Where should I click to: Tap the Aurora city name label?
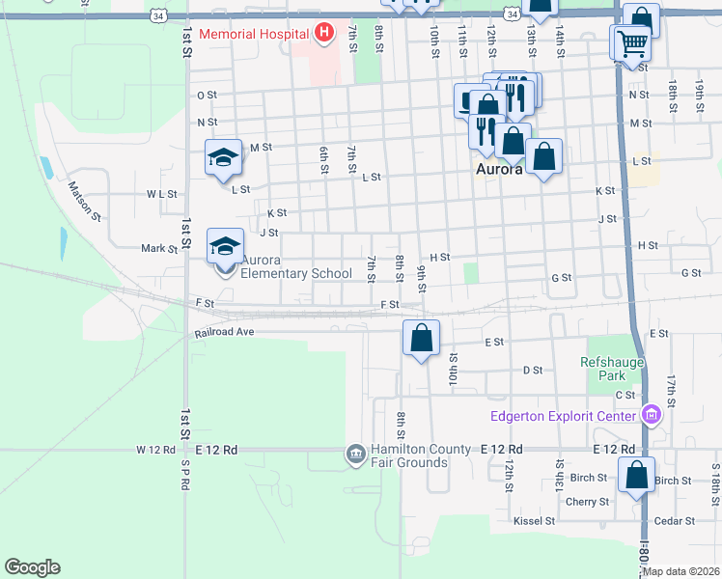[x=499, y=170]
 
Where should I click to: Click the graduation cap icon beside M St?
[x=223, y=158]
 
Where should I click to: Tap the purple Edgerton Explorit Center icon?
[x=652, y=416]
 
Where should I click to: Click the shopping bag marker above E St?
[x=421, y=339]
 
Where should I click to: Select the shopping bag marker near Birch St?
[x=636, y=476]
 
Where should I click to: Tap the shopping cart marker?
[x=631, y=42]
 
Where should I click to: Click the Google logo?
[x=32, y=567]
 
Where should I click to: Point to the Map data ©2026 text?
[x=680, y=570]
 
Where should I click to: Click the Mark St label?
[x=159, y=248]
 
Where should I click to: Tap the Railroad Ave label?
[x=223, y=332]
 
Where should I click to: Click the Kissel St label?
[x=535, y=521]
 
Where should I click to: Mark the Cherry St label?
[x=588, y=502]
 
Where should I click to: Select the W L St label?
[x=162, y=194]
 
